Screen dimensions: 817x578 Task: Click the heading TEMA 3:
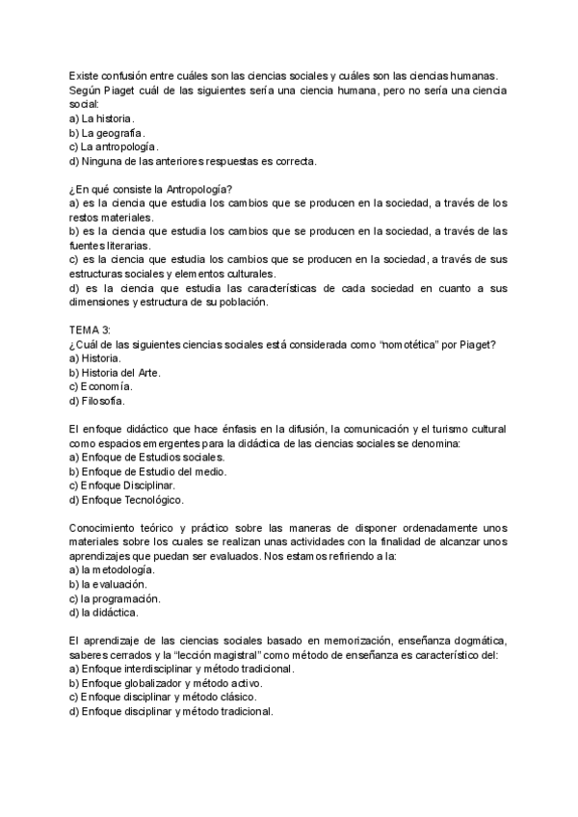91,329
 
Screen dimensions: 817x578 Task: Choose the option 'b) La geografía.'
107,132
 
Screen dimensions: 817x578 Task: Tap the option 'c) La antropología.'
115,146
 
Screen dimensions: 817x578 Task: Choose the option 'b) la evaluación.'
108,584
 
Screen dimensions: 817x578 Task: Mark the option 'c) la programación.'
115,598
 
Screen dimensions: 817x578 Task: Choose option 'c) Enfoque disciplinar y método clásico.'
163,698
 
